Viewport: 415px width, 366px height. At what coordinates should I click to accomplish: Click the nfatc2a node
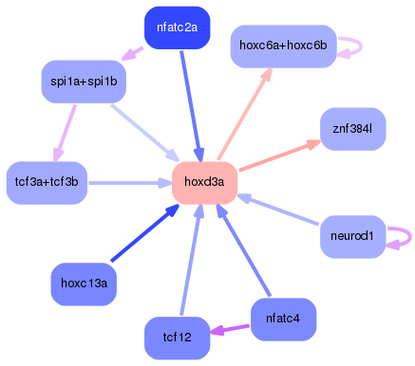pyautogui.click(x=177, y=27)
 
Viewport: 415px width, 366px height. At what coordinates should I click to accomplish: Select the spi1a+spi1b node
pyautogui.click(x=84, y=82)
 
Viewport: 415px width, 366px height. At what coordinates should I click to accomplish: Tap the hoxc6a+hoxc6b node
pyautogui.click(x=283, y=46)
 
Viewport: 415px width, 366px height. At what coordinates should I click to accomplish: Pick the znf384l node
pyautogui.click(x=352, y=127)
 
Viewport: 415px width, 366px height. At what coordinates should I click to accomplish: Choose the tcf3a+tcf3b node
pyautogui.click(x=47, y=181)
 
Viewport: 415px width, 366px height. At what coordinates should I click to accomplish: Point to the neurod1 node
pyautogui.click(x=352, y=234)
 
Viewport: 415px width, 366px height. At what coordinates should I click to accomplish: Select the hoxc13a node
pyautogui.click(x=84, y=283)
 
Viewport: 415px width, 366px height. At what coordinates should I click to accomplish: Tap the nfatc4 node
pyautogui.click(x=283, y=320)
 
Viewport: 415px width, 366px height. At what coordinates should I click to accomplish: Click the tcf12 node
pyautogui.click(x=178, y=338)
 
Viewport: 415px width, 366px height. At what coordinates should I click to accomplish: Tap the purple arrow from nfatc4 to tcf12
pyautogui.click(x=229, y=329)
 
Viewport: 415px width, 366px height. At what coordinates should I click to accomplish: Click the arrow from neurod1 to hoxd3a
pyautogui.click(x=280, y=210)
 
